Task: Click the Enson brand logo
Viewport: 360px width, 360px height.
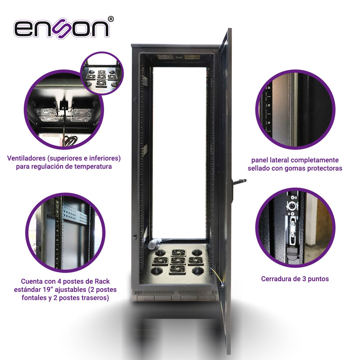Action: pos(61,29)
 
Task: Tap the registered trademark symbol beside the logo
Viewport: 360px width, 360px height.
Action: pos(111,19)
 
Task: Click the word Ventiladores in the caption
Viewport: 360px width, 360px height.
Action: pos(26,158)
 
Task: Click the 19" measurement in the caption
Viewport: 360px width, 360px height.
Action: pos(48,289)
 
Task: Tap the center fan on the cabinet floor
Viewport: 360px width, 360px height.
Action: pos(178,260)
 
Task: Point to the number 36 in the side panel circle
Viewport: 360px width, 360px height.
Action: pos(269,88)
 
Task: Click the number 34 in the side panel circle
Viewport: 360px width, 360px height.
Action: pos(269,123)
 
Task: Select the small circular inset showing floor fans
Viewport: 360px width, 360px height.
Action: pos(102,73)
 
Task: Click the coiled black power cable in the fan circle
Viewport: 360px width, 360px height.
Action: pos(70,140)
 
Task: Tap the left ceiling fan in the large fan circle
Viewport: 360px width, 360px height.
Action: pos(46,115)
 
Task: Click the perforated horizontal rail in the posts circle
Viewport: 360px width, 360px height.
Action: pos(75,213)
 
